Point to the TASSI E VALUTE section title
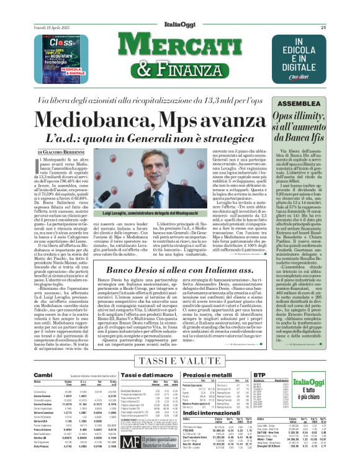[x=179, y=362]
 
